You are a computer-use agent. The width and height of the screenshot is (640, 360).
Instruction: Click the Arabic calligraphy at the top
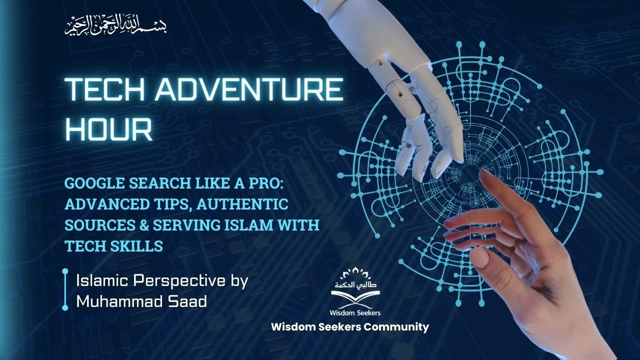115,25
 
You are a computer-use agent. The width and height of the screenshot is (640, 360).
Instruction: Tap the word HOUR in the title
108,129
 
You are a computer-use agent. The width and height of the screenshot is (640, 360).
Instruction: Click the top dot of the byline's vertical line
65,272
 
